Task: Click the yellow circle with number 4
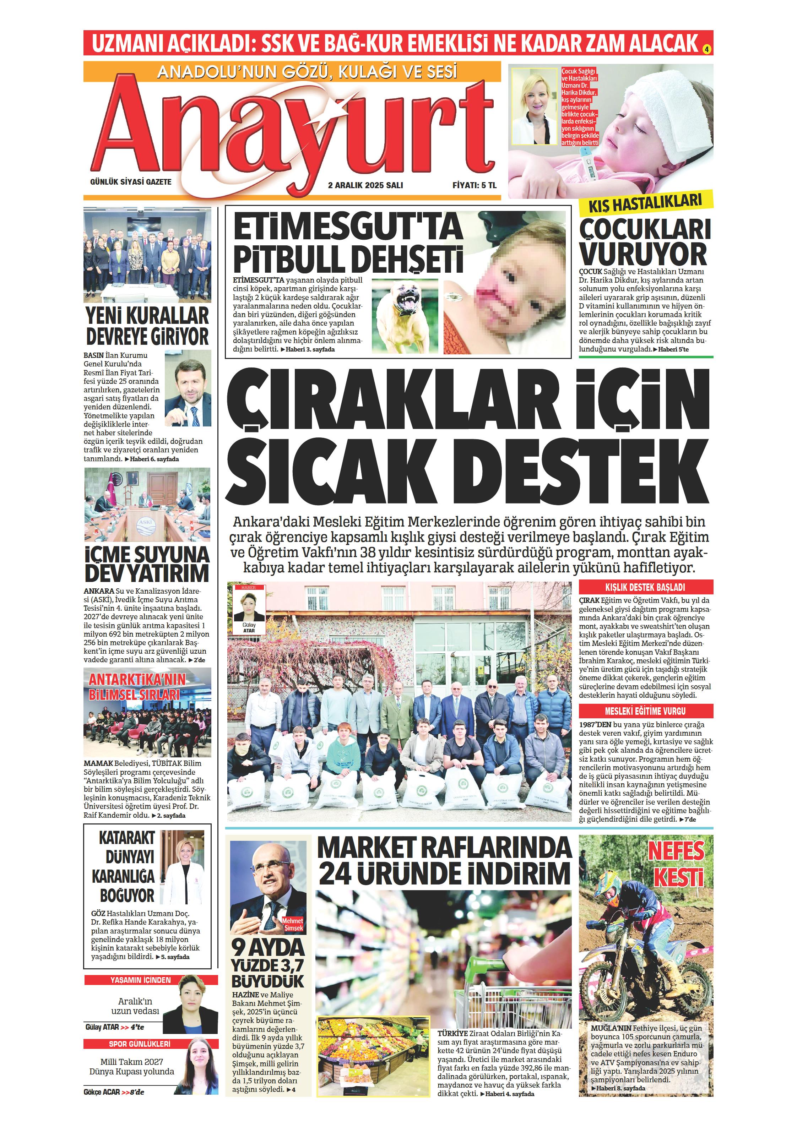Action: tap(707, 49)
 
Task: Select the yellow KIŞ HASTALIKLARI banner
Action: tap(645, 202)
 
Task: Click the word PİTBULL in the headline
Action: tap(290, 259)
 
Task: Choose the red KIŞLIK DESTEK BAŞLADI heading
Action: tap(645, 587)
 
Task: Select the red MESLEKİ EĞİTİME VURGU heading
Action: tap(645, 711)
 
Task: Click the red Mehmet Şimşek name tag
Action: tap(293, 925)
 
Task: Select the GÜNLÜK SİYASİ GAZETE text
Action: tap(131, 181)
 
